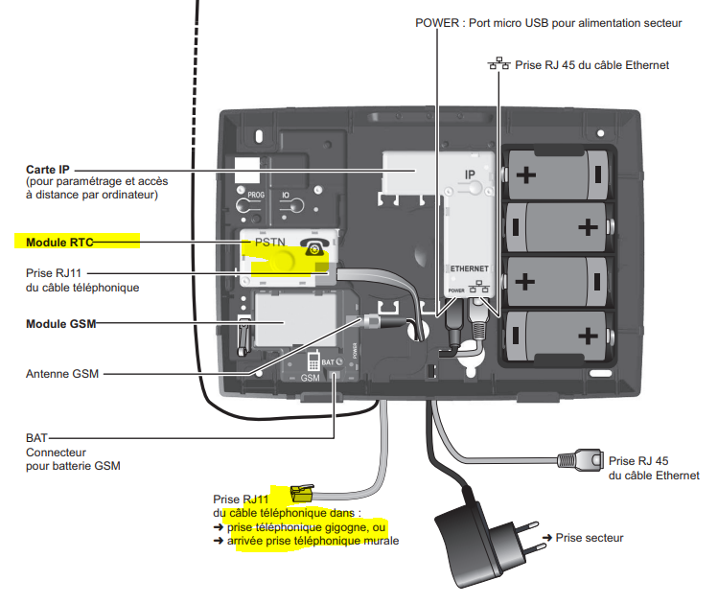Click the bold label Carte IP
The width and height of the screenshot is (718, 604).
coord(48,170)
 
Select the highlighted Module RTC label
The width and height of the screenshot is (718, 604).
coord(59,243)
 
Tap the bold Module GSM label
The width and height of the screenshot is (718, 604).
coord(61,324)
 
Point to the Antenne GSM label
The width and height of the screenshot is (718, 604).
coord(62,374)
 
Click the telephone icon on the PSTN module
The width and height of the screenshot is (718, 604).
coord(313,246)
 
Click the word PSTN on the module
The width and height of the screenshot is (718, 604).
coord(270,242)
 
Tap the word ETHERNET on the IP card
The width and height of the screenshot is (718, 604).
coord(470,268)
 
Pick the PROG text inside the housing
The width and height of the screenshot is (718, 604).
coord(256,195)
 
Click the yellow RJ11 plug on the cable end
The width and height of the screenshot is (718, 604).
coord(302,493)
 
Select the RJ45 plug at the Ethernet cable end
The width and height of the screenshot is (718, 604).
coord(580,459)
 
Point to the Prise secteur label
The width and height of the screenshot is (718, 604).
coord(590,538)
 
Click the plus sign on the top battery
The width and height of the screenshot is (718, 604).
coord(526,174)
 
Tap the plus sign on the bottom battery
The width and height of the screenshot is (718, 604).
coord(588,336)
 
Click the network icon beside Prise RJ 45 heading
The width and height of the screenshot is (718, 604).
coord(498,63)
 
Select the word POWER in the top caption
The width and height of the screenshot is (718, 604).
coord(437,23)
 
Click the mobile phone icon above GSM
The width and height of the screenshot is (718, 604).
coord(313,360)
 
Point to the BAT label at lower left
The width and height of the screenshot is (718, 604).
coord(36,438)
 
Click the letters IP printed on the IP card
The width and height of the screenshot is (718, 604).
coord(470,174)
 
